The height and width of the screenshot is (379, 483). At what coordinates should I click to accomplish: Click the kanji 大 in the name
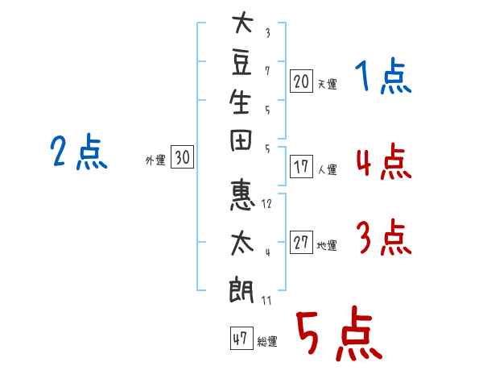click(243, 22)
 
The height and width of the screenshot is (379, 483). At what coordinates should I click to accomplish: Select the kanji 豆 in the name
click(242, 63)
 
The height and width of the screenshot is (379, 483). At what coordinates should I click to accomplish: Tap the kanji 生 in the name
click(240, 102)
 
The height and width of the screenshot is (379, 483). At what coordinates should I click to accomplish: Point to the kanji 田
click(241, 140)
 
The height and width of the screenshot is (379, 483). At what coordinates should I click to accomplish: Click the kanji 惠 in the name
click(242, 196)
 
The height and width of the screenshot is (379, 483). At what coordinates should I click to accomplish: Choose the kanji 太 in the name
click(242, 244)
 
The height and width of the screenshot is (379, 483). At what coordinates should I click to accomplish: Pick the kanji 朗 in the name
click(242, 291)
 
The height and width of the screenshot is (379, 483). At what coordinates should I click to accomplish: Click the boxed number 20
click(301, 81)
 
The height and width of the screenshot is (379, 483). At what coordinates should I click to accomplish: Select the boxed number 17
click(301, 167)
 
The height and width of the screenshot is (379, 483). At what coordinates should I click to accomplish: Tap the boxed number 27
click(301, 242)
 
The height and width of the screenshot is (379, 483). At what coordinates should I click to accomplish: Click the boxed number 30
click(183, 156)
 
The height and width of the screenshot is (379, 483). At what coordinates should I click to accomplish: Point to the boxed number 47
click(242, 338)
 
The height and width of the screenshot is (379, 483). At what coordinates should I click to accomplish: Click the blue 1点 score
click(383, 76)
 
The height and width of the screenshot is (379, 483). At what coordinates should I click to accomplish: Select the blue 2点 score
click(79, 152)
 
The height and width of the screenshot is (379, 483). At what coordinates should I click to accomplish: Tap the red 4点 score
click(384, 162)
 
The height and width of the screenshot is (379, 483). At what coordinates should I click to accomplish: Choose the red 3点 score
click(384, 237)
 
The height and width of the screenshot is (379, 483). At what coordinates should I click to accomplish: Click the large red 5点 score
click(340, 333)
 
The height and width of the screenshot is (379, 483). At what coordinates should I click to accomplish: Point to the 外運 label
click(155, 160)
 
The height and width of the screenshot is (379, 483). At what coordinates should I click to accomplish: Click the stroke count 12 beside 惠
click(266, 204)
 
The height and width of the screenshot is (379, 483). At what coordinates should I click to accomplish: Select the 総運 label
click(267, 342)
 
